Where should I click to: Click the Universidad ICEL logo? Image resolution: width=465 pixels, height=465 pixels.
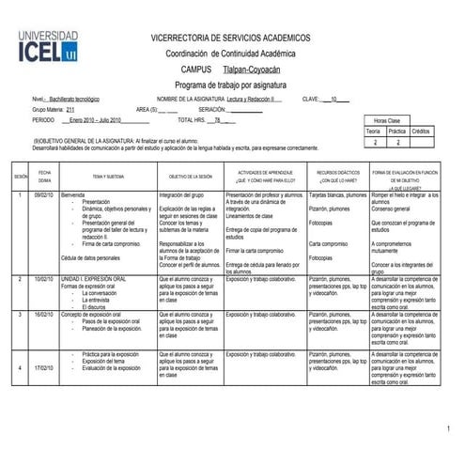pos(50,45)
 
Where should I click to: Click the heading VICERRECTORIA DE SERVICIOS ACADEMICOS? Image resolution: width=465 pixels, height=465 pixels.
pos(231,38)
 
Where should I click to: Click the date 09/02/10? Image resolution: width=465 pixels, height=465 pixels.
pos(44,194)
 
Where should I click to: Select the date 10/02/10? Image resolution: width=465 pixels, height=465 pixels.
pos(44,279)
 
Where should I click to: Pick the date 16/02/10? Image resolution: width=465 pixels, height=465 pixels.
pos(44,314)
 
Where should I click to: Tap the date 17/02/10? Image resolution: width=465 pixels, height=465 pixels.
pos(44,367)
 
